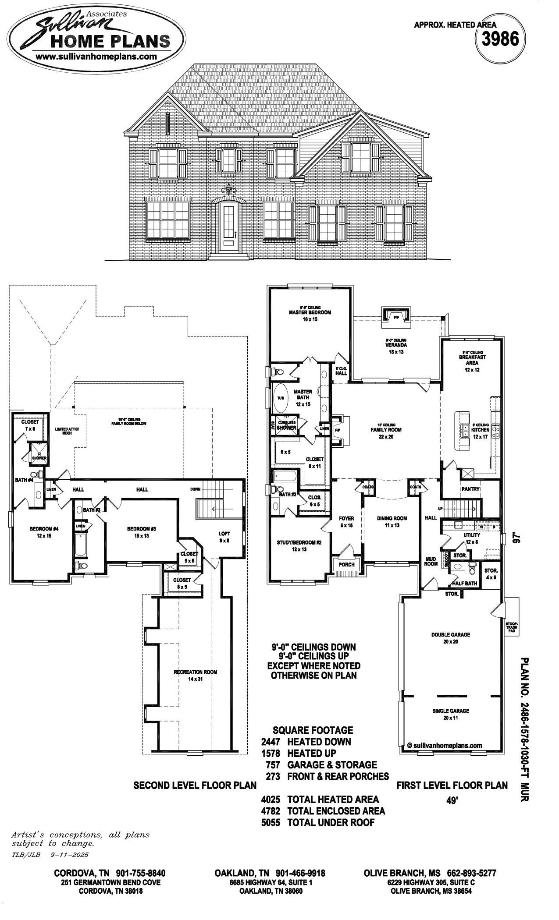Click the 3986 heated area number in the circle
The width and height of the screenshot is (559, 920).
point(500,40)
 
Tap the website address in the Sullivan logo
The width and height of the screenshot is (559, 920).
point(96,57)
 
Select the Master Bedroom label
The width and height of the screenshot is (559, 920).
point(310,312)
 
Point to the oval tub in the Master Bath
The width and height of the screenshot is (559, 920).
point(281,398)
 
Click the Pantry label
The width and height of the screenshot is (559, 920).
point(470,489)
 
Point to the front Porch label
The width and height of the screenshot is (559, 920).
point(346,565)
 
